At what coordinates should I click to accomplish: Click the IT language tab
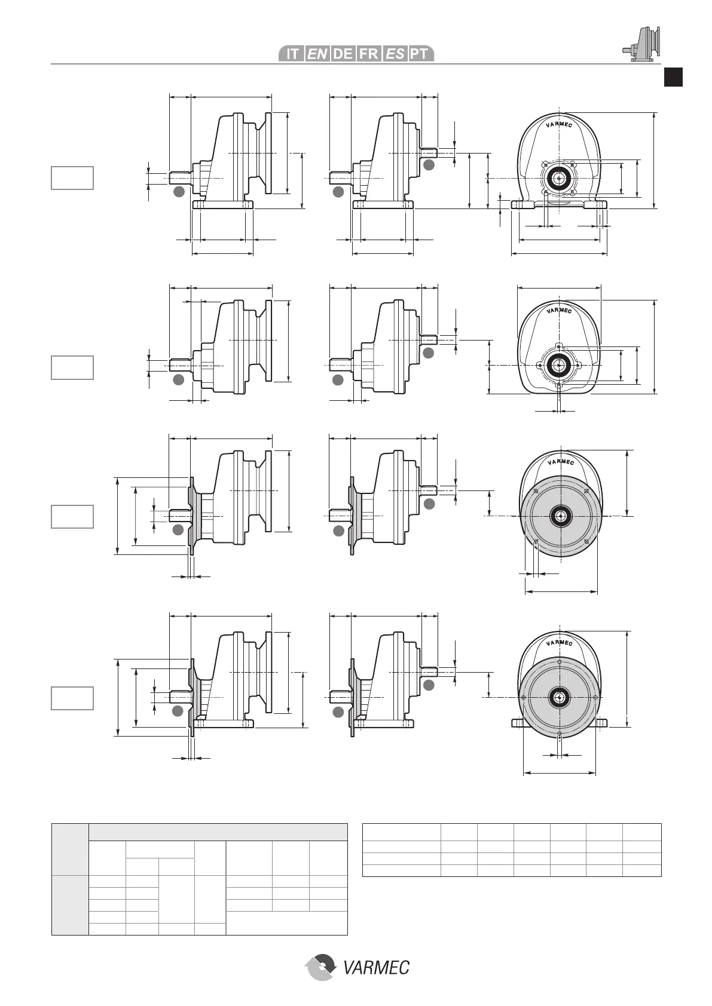click(292, 54)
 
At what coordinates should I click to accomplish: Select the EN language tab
click(317, 54)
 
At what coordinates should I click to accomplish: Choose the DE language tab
click(343, 54)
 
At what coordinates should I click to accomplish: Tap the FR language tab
click(369, 54)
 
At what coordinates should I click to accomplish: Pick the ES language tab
click(395, 54)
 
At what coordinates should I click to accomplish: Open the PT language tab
click(420, 54)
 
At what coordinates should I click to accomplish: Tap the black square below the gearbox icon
click(674, 78)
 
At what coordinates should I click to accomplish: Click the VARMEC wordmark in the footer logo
click(377, 967)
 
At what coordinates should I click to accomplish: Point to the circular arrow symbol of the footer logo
click(321, 967)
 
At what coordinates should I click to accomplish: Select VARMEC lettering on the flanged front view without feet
click(560, 462)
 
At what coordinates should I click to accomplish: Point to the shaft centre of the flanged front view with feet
click(560, 697)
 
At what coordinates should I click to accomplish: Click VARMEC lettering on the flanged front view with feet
click(560, 643)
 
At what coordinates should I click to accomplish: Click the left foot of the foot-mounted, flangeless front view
click(523, 205)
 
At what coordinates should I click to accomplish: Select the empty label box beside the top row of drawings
click(72, 178)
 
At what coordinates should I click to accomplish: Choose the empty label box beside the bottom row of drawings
click(72, 698)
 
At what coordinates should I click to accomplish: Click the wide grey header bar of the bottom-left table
click(218, 833)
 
